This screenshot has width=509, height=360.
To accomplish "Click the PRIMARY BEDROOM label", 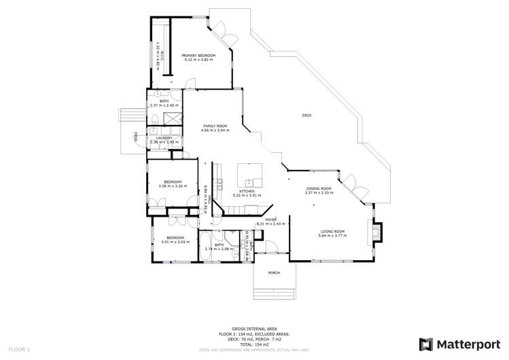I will (x=198, y=55).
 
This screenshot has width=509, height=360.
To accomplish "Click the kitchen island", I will (x=249, y=175).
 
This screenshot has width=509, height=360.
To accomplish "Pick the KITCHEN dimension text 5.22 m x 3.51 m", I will (x=247, y=196).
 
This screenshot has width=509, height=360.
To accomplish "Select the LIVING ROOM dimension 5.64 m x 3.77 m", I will (x=334, y=236).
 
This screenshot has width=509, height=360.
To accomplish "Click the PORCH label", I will (x=274, y=273).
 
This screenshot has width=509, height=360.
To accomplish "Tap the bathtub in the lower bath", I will (x=204, y=245).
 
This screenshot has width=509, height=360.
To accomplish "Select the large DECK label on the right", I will (x=307, y=115).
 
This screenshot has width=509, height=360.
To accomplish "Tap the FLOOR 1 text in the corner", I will (x=20, y=349).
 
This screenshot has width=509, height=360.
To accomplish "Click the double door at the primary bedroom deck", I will (x=222, y=30).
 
